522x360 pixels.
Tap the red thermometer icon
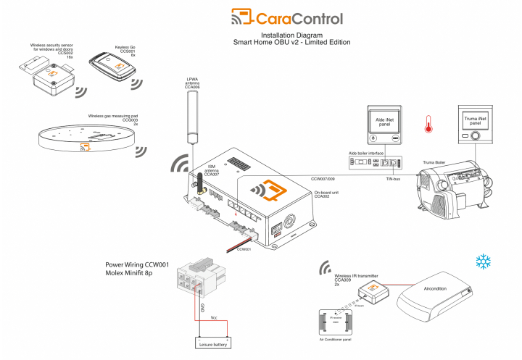(428, 126)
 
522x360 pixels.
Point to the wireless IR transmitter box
(373, 291)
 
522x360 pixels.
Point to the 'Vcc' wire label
(214, 317)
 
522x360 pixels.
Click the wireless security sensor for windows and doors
(45, 78)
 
